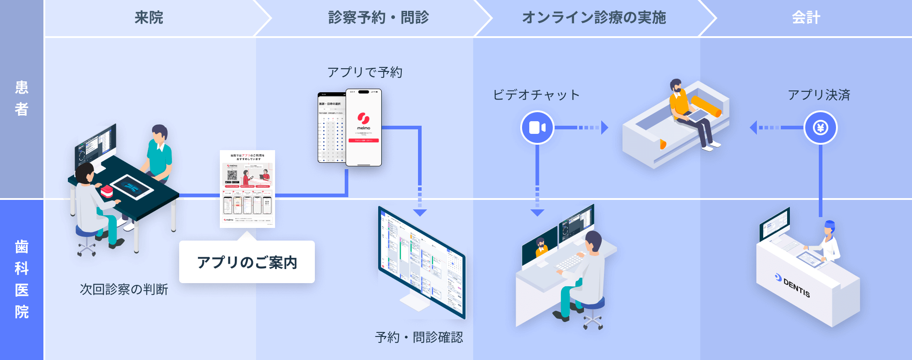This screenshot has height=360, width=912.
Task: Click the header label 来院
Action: point(149,18)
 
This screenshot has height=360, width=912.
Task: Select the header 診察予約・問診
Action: point(378,18)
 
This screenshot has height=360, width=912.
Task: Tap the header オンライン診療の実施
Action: point(594,18)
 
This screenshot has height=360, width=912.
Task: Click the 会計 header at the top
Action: point(806,18)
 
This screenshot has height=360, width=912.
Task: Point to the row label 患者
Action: point(21,98)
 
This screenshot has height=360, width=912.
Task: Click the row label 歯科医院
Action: point(21,279)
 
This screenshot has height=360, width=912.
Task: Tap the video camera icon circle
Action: point(537,128)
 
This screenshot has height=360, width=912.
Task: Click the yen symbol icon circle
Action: point(820,128)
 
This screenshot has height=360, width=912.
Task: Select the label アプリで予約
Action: point(365,72)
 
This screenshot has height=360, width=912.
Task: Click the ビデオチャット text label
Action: point(536,95)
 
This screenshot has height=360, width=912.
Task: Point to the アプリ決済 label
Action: point(819,95)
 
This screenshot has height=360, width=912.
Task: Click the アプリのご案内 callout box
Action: point(247,262)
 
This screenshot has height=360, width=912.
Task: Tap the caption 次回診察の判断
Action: point(124,289)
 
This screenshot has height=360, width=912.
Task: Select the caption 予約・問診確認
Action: point(419,337)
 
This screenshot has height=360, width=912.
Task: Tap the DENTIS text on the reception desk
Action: point(796,288)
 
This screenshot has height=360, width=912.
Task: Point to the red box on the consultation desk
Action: point(107,191)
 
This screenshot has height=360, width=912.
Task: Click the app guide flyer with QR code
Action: point(247,189)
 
